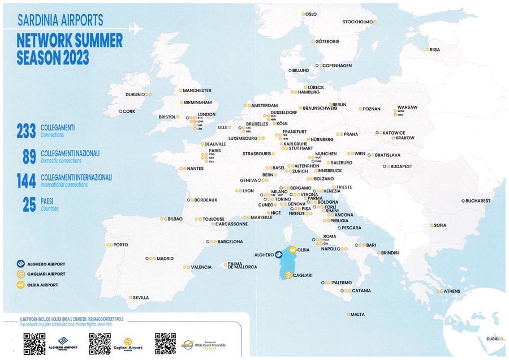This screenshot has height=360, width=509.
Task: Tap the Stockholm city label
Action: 357,22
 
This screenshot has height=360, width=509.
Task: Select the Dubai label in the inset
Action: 491,338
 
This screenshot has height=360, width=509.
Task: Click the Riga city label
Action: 434,50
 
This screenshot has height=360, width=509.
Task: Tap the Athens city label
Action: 452,291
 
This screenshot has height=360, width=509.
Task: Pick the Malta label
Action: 357,314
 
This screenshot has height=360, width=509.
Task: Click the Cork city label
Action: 128,112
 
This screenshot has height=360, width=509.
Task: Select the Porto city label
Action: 120,245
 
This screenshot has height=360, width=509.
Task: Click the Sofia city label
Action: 439,225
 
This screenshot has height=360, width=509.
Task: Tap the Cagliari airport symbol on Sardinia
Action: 288,275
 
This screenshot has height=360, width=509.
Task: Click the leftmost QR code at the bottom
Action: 34,344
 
